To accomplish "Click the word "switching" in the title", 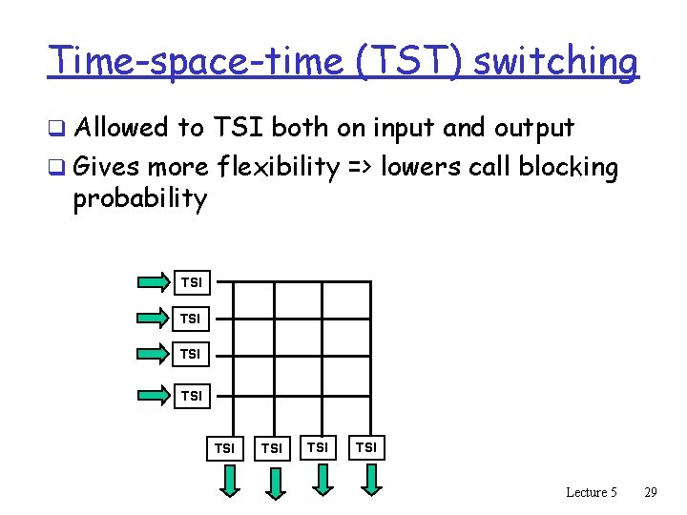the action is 555,62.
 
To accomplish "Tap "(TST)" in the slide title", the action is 406,62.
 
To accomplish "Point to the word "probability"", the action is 139,199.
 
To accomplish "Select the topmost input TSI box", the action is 191,282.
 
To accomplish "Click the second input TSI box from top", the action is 191,318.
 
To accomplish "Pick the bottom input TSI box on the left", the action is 191,394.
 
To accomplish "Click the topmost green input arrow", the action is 153,281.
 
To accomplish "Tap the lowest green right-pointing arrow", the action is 153,393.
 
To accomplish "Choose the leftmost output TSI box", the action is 225,446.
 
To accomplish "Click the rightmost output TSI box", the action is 366,445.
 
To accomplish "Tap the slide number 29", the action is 651,492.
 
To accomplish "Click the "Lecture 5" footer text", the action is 592,492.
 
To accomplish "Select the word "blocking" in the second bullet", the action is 569,168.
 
